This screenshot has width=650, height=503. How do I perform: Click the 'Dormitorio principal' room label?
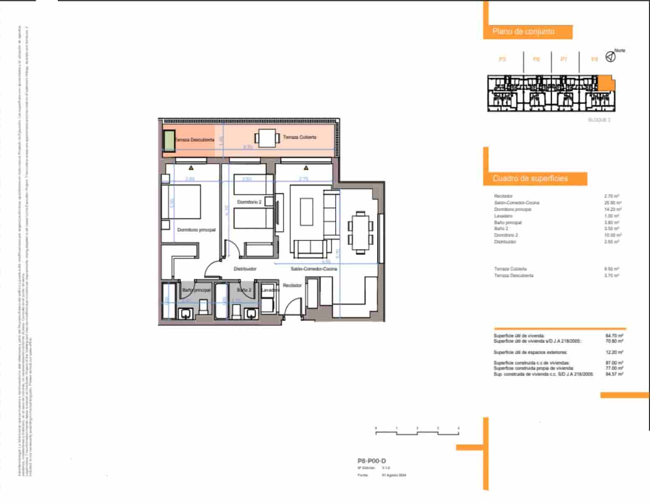[196, 230]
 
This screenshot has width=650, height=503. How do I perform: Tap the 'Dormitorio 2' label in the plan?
[249, 202]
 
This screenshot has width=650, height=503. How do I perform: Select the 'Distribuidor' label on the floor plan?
[245, 269]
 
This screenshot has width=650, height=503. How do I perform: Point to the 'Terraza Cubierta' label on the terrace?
[300, 137]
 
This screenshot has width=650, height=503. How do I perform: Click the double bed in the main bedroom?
[181, 202]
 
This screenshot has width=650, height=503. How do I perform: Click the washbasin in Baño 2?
[251, 313]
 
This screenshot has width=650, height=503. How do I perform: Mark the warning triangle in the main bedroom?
[191, 168]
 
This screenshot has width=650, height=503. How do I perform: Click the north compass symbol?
[611, 57]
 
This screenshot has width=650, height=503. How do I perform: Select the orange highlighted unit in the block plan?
[605, 83]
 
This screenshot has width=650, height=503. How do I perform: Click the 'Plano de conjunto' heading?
[523, 31]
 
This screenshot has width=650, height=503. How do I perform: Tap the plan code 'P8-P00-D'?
[371, 461]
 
